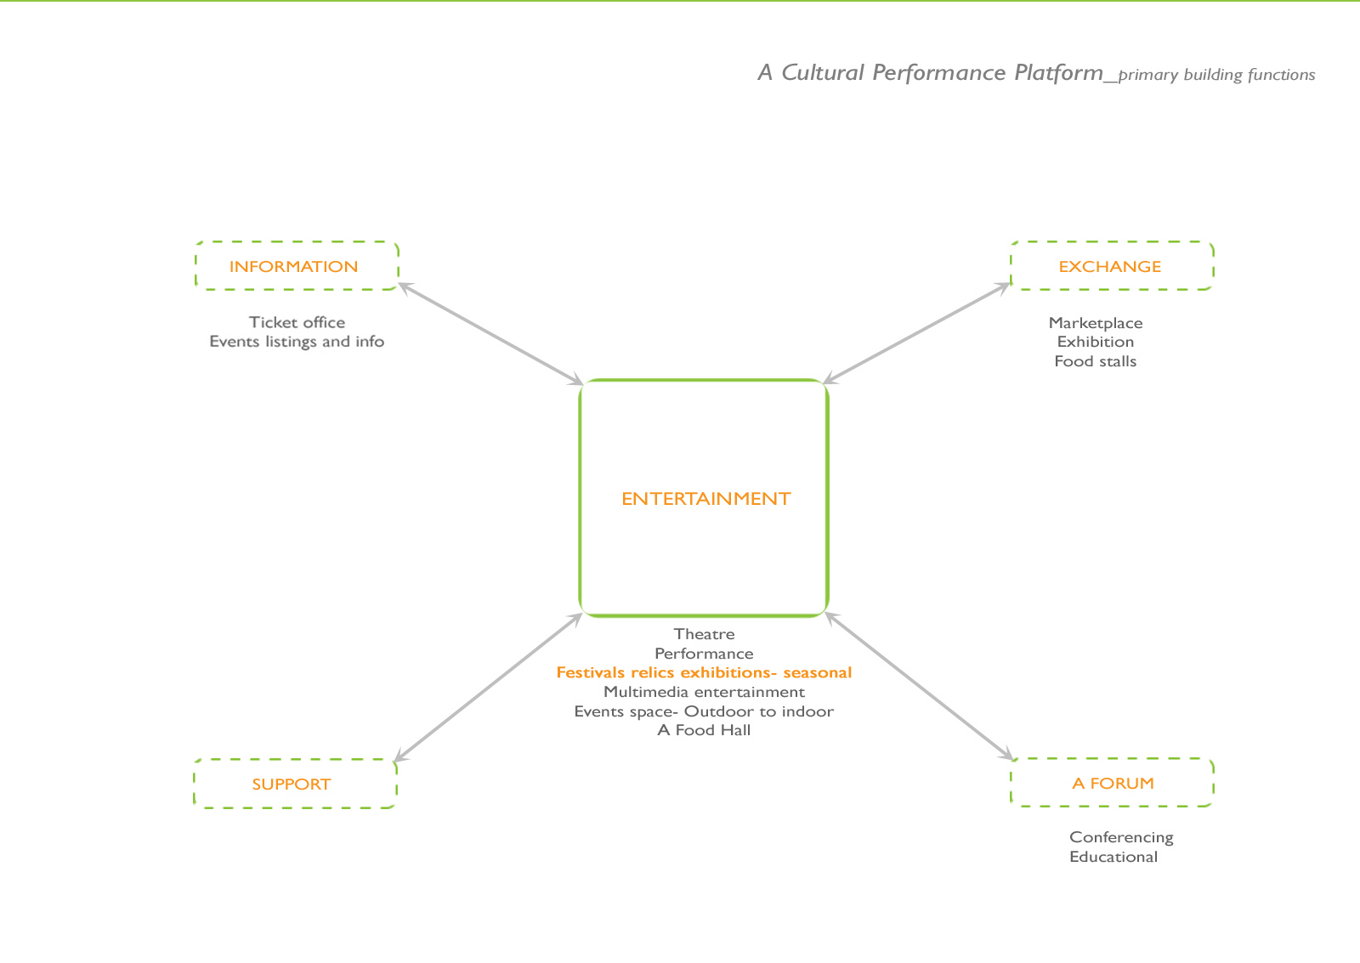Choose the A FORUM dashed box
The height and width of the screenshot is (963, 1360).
pos(1112,783)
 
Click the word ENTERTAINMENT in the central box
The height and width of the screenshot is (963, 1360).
pos(705,499)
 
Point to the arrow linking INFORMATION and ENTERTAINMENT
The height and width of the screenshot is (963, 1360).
pos(491,334)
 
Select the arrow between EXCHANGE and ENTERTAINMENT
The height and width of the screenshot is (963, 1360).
pos(916,333)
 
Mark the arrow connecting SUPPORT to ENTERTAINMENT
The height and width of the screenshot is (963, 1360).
pos(489,687)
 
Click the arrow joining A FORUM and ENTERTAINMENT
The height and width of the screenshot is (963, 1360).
pos(920,686)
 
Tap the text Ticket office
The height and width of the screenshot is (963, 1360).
pos(297,322)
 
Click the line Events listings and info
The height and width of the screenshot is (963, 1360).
pos(297,342)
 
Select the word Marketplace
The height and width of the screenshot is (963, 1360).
pos(1095,323)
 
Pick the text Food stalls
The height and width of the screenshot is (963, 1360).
pos(1095,361)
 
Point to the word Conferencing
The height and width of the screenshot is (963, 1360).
pos(1121,837)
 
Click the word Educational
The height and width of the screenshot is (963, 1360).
pos(1113,857)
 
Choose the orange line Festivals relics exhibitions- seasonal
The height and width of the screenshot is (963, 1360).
pos(704,672)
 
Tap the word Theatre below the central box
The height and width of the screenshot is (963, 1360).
pos(704,634)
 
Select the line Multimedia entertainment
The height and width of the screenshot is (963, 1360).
pos(704,692)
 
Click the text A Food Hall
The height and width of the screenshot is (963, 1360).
pos(704,730)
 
